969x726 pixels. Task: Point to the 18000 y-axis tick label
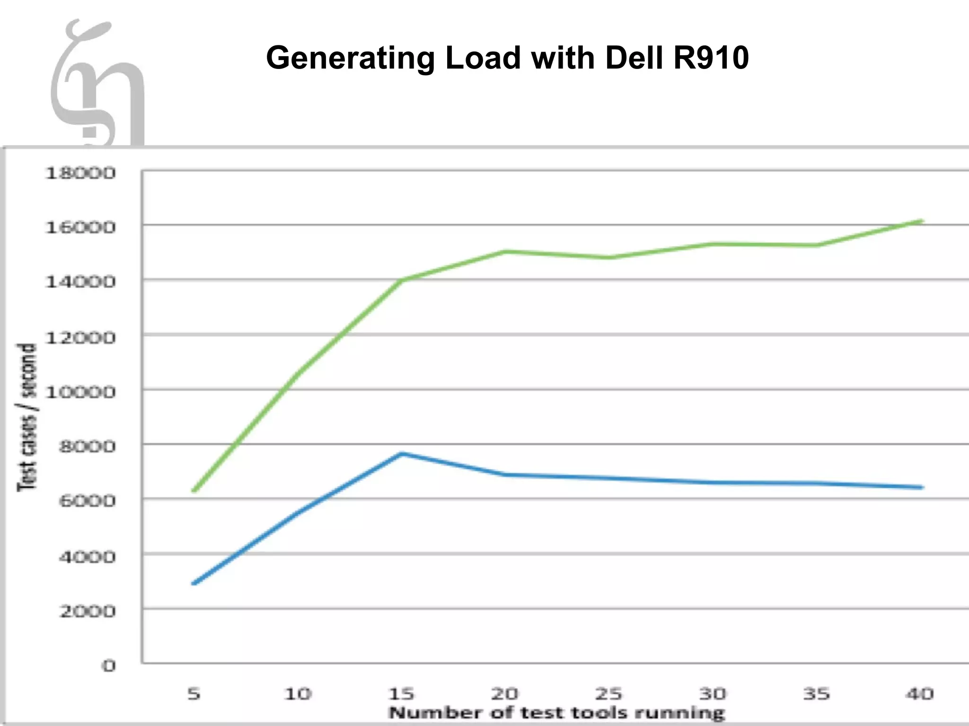(80, 173)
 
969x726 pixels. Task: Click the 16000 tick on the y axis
(80, 228)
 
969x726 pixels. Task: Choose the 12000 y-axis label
(80, 338)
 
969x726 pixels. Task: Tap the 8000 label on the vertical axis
(87, 447)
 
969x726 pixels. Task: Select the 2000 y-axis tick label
(87, 612)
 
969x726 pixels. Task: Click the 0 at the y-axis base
(109, 666)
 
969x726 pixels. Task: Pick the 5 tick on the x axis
(194, 694)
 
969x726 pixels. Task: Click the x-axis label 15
(401, 694)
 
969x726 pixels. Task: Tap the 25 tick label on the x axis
(608, 694)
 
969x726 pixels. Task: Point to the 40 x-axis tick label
(920, 694)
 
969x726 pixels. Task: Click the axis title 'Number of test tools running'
(556, 713)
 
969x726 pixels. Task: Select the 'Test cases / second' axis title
(27, 417)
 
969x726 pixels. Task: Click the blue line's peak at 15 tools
(401, 454)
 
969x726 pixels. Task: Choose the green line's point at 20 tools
(505, 251)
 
